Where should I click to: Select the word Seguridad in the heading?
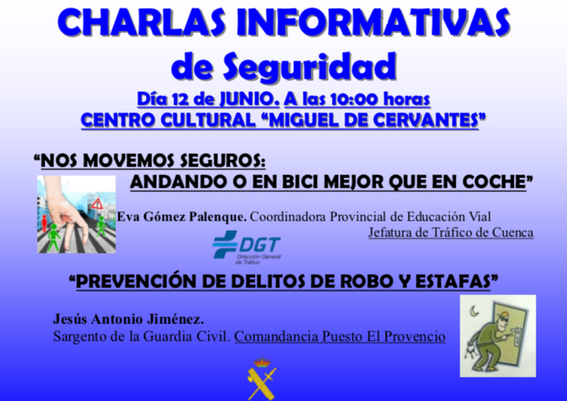[310, 67]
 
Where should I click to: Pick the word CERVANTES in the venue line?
[426, 120]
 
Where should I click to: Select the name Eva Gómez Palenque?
[181, 217]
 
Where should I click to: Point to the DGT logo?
[247, 247]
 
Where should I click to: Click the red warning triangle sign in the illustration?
[97, 204]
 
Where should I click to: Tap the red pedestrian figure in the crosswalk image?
[45, 223]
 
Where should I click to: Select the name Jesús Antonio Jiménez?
[129, 319]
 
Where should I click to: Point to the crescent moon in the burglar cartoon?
[473, 310]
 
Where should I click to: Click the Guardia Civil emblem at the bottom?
[261, 378]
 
